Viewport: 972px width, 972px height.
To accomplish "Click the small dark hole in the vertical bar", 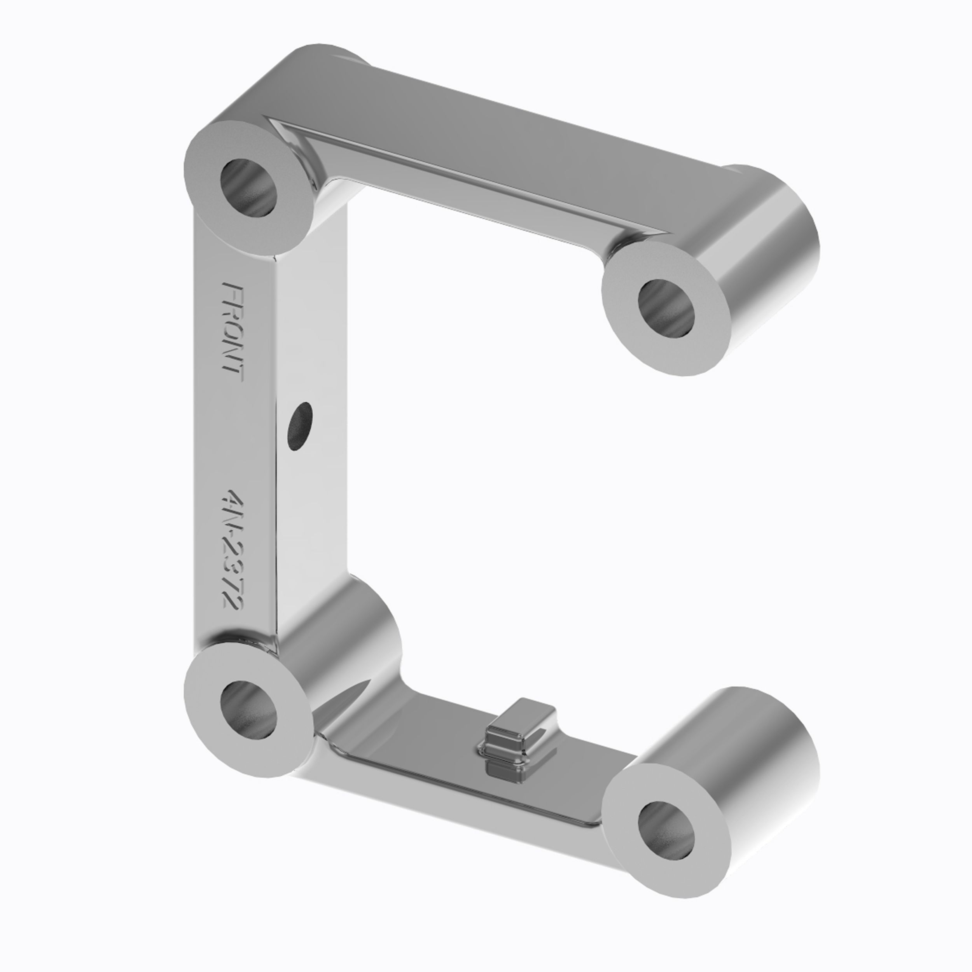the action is pos(299,426).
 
